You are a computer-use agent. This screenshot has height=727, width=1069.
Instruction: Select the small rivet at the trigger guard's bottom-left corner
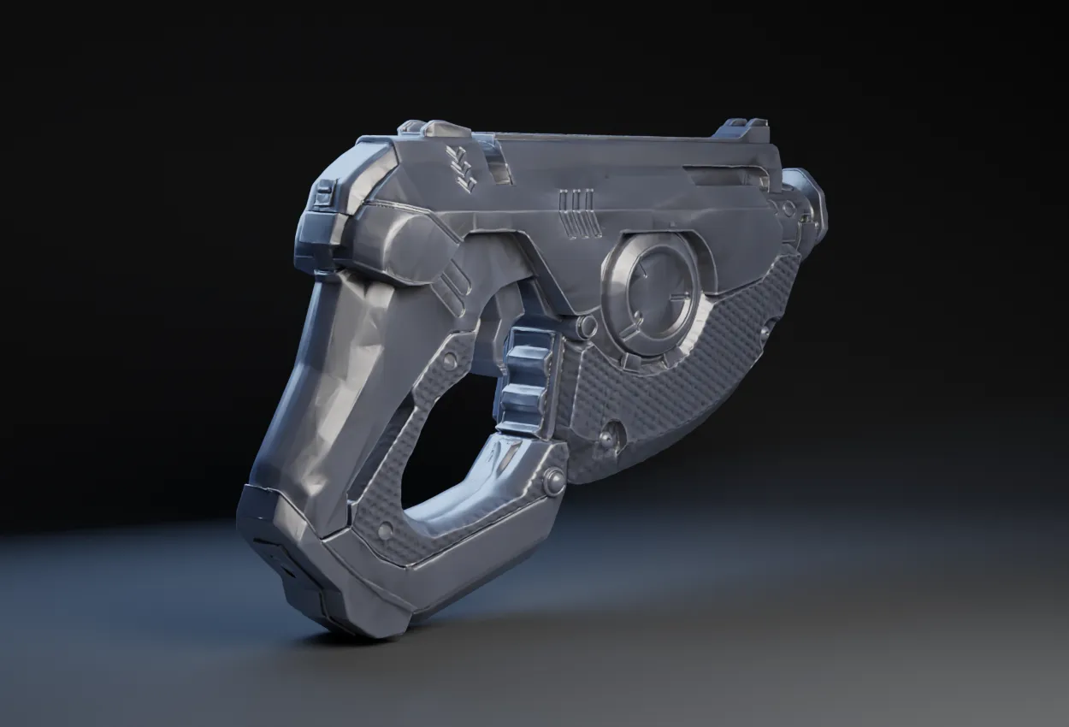coord(387,532)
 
